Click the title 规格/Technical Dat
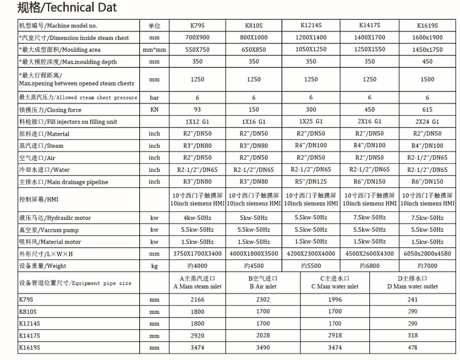67,8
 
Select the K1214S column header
311,25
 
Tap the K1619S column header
427,26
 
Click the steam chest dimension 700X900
197,38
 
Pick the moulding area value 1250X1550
369,49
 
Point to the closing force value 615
427,110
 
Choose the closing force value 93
197,110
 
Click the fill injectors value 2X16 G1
369,122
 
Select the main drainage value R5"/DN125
311,181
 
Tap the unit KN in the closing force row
154,110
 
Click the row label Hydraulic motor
55,218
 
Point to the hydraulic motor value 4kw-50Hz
197,218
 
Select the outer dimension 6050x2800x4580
427,254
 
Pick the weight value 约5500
311,266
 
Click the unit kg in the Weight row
154,266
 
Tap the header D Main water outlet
412,283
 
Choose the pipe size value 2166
197,299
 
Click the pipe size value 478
412,348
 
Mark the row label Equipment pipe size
75,283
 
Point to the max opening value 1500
427,79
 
